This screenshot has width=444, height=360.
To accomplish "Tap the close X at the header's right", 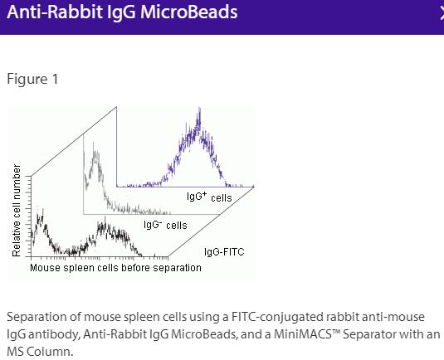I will pyautogui.click(x=441, y=12).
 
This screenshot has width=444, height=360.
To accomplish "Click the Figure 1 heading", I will pyautogui.click(x=32, y=80).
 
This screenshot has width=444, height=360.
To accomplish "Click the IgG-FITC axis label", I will pyautogui.click(x=223, y=251).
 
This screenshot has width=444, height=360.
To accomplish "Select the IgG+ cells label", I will pyautogui.click(x=208, y=197).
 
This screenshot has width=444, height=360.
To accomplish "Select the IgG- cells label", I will pyautogui.click(x=164, y=225).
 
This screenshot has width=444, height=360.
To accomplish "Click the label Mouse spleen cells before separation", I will pyautogui.click(x=115, y=268).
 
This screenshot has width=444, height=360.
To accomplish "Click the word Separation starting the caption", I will pyautogui.click(x=37, y=318).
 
